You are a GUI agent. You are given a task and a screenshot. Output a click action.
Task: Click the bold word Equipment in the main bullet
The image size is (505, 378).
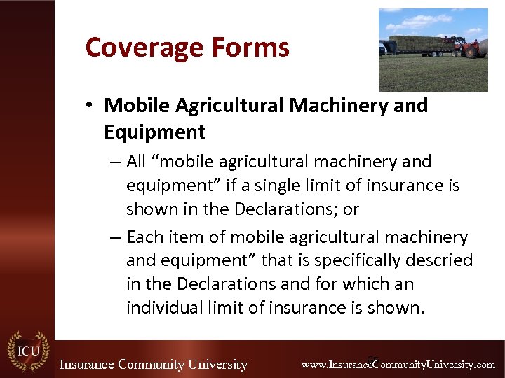[x=154, y=132]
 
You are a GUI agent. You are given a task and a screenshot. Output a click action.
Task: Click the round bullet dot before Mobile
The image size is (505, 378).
[x=91, y=106]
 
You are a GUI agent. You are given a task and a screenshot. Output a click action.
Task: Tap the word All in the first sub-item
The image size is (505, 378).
[x=137, y=162]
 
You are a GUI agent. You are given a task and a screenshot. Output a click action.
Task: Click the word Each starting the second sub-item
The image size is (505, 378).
[x=144, y=237]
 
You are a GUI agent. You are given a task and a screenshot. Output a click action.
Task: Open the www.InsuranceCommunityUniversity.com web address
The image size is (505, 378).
[x=398, y=365]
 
